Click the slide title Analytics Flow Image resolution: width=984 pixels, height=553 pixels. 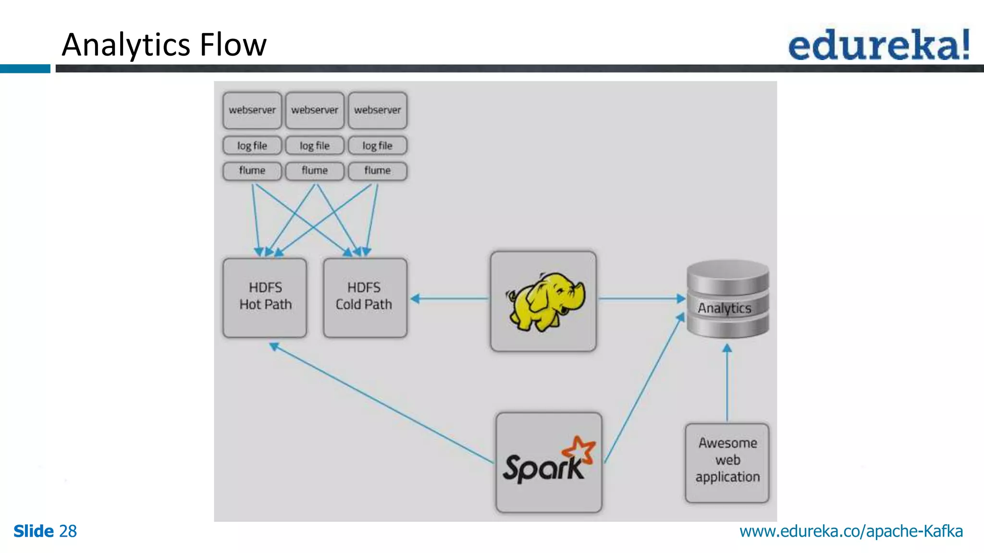click(164, 45)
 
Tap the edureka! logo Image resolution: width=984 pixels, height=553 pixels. click(879, 45)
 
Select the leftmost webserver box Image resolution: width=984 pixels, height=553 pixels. click(252, 110)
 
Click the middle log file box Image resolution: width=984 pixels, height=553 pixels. click(315, 145)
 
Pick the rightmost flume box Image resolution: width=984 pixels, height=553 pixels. click(378, 171)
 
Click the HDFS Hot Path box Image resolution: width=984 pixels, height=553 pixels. click(265, 297)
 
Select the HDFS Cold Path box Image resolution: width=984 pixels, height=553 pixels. click(365, 297)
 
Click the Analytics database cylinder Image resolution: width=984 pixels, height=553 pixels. click(727, 299)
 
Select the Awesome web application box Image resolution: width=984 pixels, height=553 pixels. click(727, 462)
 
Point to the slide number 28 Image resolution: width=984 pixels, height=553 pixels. click(68, 531)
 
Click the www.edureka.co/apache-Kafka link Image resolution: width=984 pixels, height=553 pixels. click(851, 531)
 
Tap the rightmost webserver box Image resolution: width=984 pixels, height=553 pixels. click(378, 110)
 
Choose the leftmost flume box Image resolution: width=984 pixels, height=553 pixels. click(252, 171)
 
